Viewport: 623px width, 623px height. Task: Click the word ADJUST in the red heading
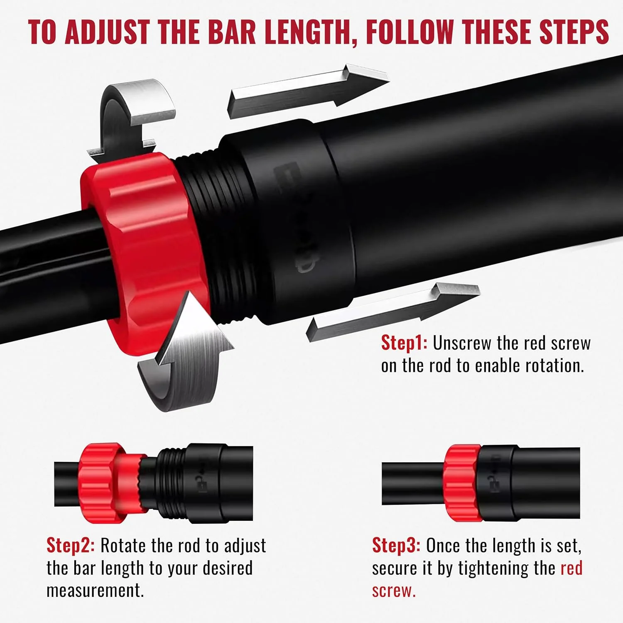pos(108,32)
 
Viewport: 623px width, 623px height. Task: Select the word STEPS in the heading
pos(574,32)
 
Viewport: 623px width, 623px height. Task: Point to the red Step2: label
pos(71,545)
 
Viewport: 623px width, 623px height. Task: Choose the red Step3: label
pos(396,545)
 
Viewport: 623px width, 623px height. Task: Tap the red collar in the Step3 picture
pos(462,483)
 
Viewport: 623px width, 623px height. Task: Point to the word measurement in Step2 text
pos(95,590)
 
